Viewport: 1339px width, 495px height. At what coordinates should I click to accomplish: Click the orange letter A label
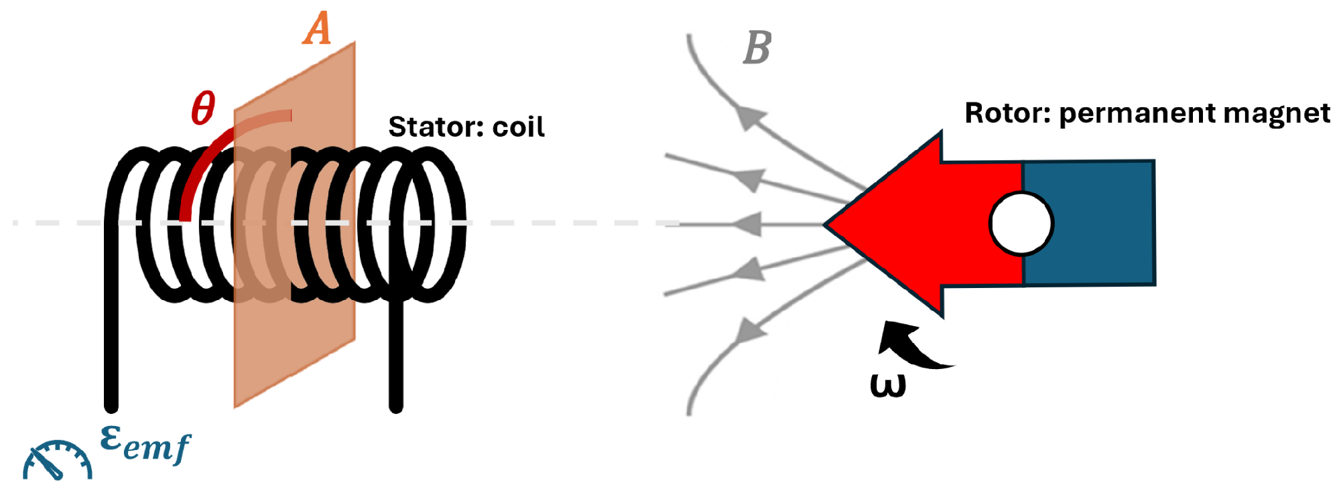[x=317, y=30]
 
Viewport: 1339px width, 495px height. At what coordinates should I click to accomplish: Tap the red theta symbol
[x=203, y=108]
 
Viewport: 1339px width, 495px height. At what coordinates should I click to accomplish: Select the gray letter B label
[x=757, y=48]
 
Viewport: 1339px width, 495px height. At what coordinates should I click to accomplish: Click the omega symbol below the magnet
[x=888, y=386]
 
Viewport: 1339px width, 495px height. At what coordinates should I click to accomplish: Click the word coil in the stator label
[x=518, y=127]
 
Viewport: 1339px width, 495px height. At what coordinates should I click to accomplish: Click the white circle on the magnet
[x=1021, y=224]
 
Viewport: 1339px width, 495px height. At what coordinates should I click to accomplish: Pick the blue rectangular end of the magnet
[x=1088, y=222]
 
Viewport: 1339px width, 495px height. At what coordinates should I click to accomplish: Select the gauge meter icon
[x=58, y=460]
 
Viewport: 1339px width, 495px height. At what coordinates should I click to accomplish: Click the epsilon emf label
[x=145, y=445]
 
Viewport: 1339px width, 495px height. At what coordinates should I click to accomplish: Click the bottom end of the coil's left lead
[x=111, y=405]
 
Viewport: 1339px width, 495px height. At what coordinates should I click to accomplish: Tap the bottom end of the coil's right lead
[x=396, y=405]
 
